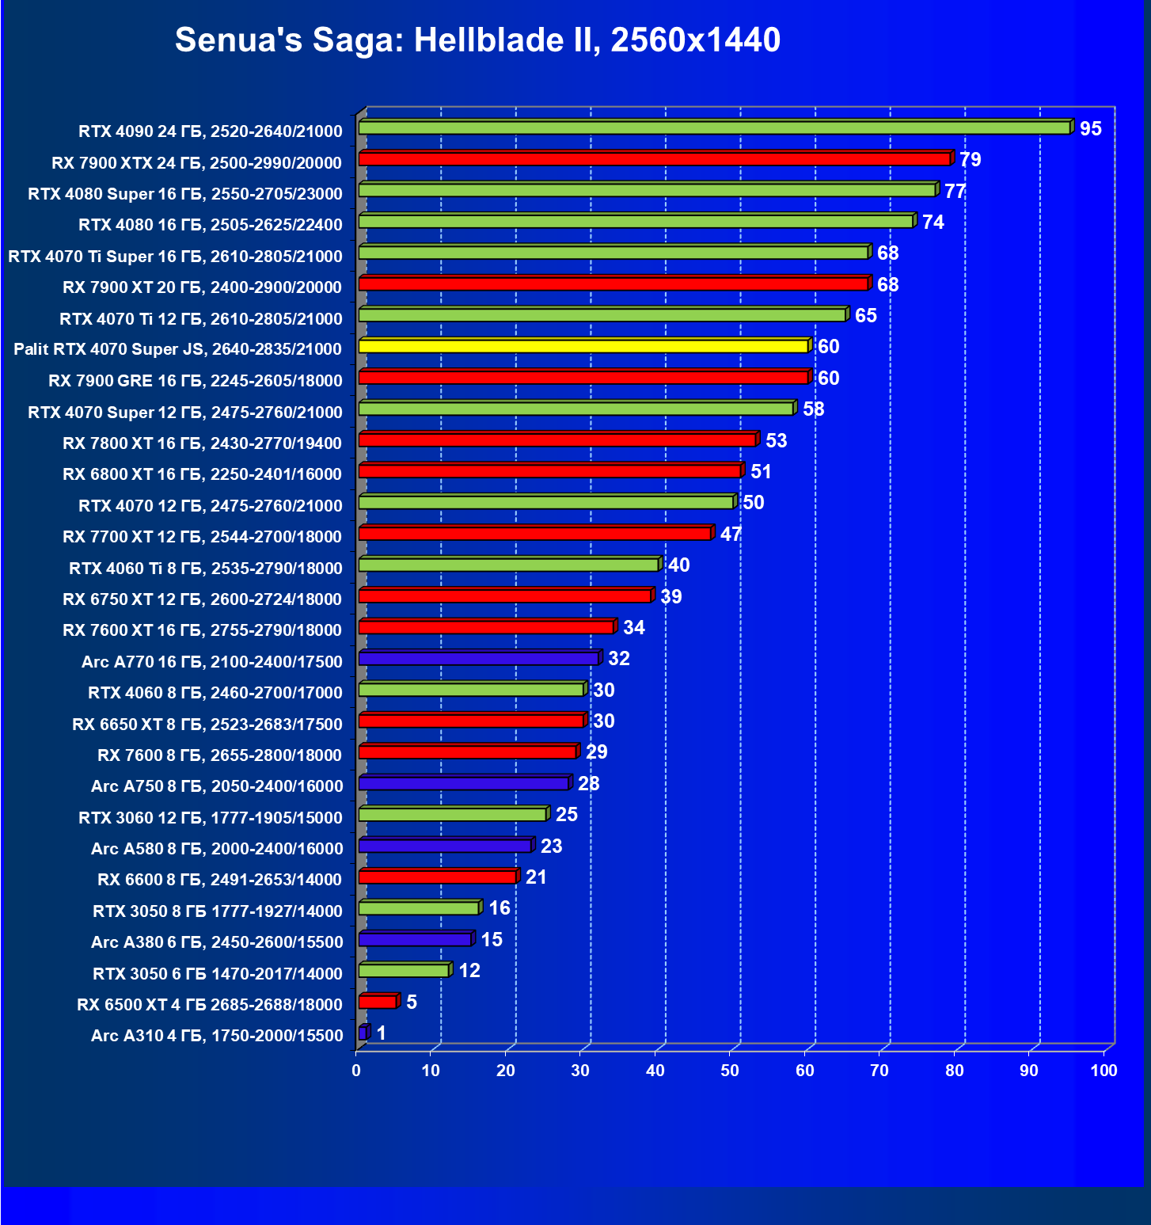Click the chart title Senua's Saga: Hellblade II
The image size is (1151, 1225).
477,40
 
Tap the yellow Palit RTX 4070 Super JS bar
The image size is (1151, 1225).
583,346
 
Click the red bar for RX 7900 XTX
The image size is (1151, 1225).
654,159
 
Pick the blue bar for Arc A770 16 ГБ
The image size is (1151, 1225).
478,658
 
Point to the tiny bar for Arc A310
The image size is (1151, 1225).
363,1033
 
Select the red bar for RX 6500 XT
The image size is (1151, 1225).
378,1002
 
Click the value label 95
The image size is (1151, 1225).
1090,129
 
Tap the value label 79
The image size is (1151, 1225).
970,160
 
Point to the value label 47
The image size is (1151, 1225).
731,534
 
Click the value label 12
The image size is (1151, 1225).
469,971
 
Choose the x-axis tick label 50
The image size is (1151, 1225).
730,1071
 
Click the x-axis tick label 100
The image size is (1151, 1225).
1104,1071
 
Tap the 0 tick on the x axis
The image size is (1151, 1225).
356,1071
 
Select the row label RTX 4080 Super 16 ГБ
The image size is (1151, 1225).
185,194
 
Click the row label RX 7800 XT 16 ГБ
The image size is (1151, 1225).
203,443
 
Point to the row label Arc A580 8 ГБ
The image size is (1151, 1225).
217,849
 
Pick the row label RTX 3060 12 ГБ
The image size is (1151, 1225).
211,818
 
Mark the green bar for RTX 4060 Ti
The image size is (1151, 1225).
508,565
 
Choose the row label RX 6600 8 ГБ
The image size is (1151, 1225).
220,880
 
